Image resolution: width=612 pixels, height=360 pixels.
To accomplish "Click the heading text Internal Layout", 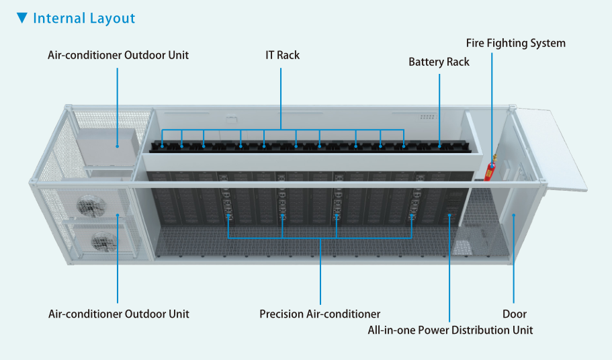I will tap(84, 18).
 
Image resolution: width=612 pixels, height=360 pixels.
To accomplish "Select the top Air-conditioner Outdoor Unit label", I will tap(118, 55).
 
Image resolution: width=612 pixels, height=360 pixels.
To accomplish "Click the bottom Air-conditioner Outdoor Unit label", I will tap(119, 314).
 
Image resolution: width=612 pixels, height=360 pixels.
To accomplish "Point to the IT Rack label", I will tap(282, 55).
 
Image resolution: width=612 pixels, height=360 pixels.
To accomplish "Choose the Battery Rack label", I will tap(439, 62).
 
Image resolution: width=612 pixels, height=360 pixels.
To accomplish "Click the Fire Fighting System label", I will tap(516, 43).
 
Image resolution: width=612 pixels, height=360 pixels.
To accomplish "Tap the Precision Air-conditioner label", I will tap(320, 314).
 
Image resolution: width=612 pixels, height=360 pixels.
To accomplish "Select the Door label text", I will tap(514, 314).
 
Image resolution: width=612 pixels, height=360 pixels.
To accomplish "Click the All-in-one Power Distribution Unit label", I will tap(450, 330).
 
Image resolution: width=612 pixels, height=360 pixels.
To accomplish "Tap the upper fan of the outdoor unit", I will tap(88, 208).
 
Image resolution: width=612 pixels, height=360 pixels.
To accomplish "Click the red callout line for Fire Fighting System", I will tap(492, 101).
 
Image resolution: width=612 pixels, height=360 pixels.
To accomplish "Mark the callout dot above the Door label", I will tap(514, 216).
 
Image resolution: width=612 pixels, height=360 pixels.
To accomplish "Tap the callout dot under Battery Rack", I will tap(439, 144).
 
